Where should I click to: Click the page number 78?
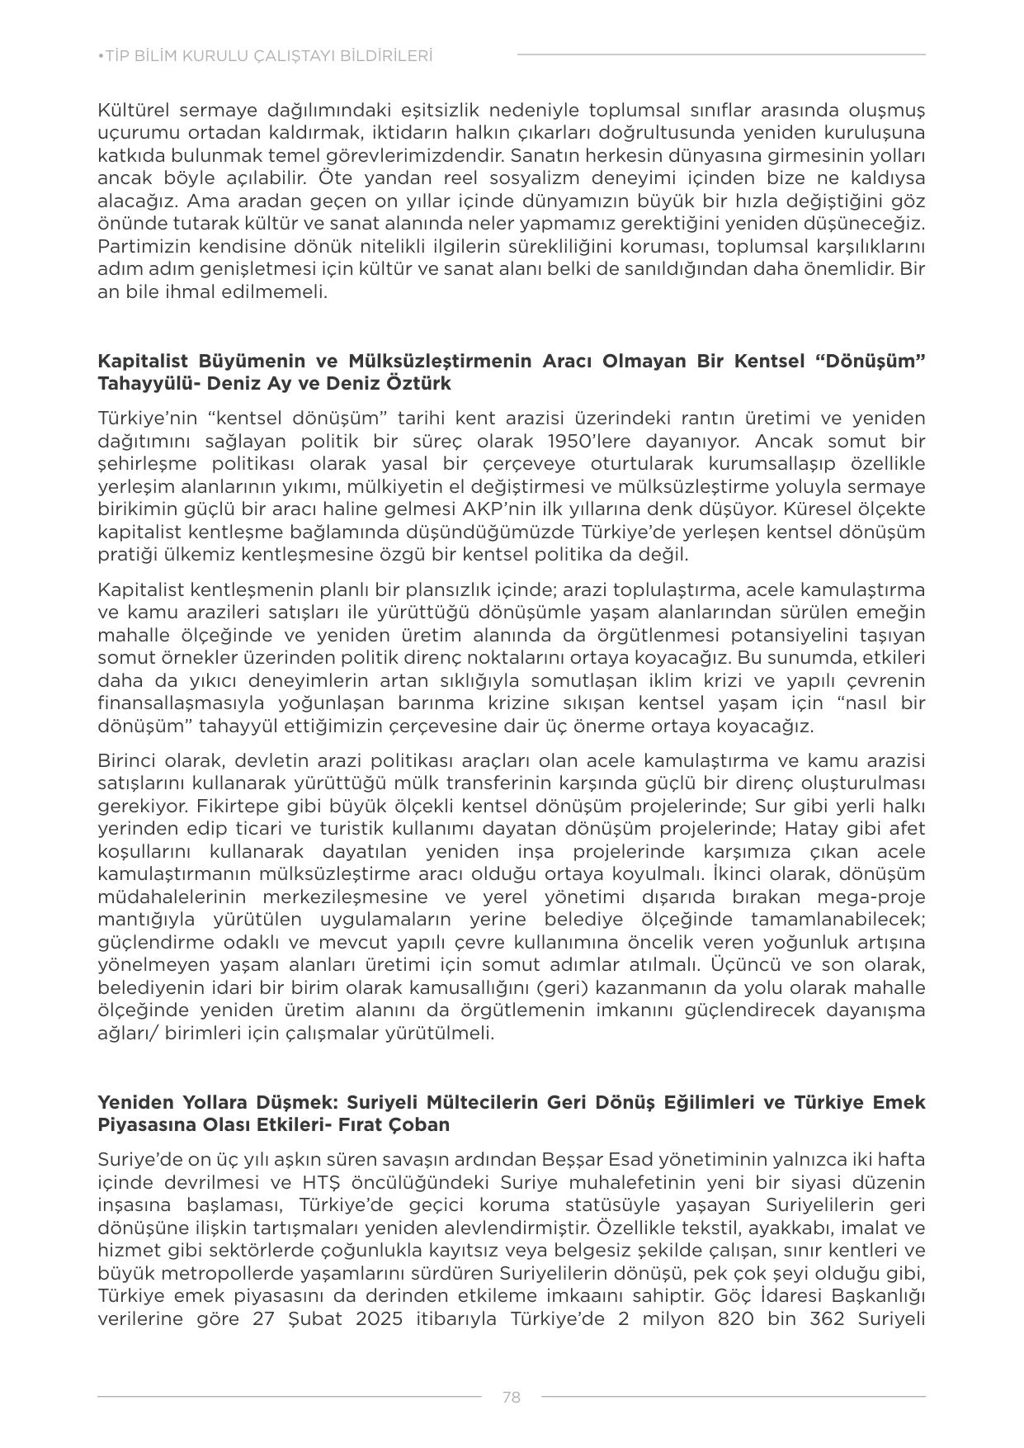tap(511, 1397)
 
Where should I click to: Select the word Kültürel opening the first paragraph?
tap(131, 111)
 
